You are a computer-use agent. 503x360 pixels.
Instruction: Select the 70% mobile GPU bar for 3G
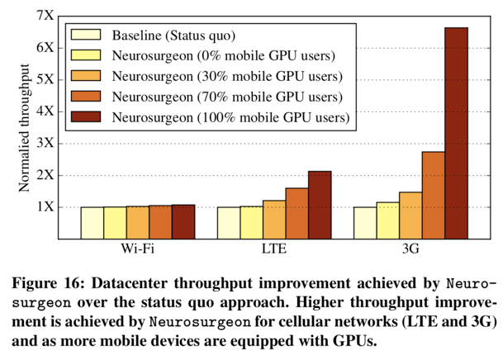pos(434,195)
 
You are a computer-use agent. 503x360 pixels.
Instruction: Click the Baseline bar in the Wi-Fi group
pos(92,223)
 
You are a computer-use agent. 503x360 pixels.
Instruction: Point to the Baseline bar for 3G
pos(365,223)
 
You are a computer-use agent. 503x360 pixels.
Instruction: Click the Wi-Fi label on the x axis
pos(137,249)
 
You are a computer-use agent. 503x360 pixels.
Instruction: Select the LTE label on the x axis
pos(274,249)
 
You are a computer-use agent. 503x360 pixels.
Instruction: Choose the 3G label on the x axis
pos(410,249)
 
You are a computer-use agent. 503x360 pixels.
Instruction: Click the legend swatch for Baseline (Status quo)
pos(86,36)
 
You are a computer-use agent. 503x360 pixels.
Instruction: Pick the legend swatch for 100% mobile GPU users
pos(86,117)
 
